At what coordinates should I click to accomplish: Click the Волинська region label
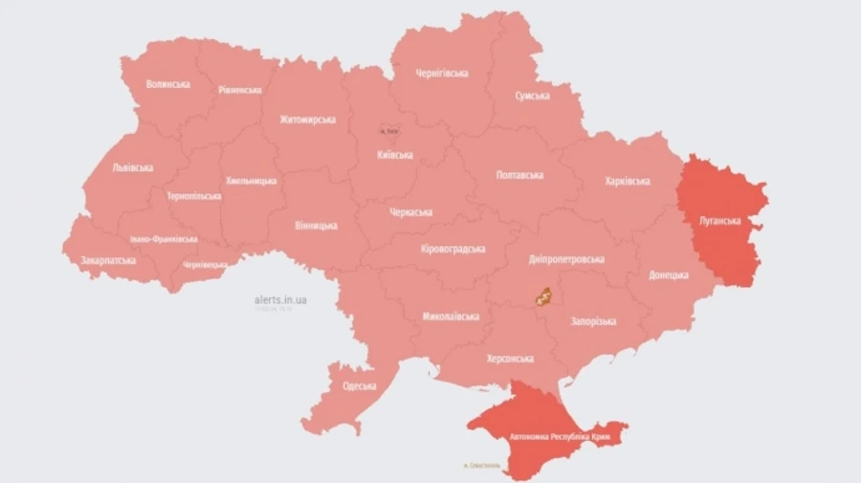[168, 84]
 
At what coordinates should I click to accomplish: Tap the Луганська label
[719, 221]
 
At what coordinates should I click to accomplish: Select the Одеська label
[359, 386]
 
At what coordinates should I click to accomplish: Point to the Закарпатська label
[108, 260]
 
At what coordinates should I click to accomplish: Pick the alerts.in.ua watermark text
[280, 299]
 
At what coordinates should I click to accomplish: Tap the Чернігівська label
[442, 73]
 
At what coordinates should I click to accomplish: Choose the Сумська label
[532, 97]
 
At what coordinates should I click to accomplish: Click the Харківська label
[628, 181]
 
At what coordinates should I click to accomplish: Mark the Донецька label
[669, 274]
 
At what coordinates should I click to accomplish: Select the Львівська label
[133, 167]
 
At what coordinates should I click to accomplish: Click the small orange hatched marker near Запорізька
[542, 296]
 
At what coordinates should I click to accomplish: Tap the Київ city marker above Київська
[388, 130]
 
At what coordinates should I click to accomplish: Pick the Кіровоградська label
[453, 249]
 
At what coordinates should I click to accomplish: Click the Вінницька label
[316, 226]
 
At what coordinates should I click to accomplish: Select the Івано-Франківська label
[164, 239]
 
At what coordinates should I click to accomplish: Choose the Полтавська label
[520, 175]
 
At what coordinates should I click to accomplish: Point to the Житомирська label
[308, 120]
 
